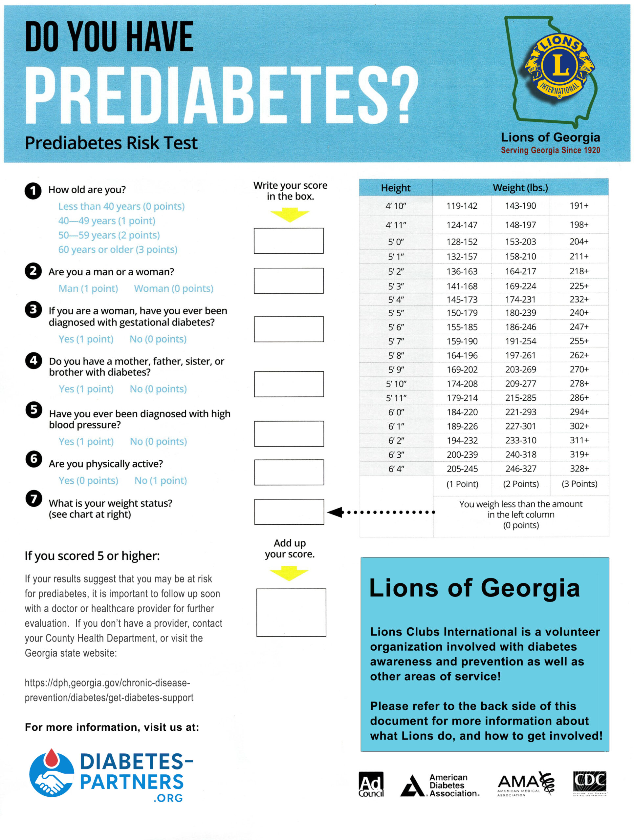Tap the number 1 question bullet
click(x=33, y=191)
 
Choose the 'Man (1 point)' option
click(x=88, y=289)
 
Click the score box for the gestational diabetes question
click(x=289, y=329)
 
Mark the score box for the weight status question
click(x=289, y=512)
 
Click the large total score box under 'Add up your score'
click(x=291, y=612)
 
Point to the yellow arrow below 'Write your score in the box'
click(x=290, y=215)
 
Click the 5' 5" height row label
click(x=396, y=313)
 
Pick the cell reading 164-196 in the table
click(x=462, y=355)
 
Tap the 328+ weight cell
click(x=579, y=469)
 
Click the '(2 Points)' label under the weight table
click(x=521, y=484)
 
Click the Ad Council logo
click(x=371, y=784)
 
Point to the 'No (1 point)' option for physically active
click(x=161, y=481)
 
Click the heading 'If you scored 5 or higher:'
click(x=92, y=556)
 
